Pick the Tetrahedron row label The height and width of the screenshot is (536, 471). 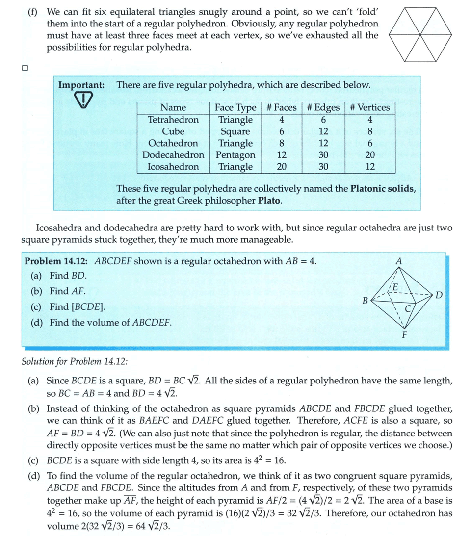pos(173,120)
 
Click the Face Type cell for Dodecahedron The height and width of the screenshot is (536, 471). pos(235,155)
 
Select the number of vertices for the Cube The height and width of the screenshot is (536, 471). pos(370,131)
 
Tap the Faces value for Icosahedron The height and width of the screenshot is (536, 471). pos(282,167)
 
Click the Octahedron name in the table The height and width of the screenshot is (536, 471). pos(173,143)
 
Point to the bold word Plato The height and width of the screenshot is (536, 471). pos(269,201)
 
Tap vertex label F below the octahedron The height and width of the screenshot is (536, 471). pos(404,336)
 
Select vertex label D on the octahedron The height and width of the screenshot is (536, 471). pos(439,295)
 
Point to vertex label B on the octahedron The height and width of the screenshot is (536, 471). pos(365,300)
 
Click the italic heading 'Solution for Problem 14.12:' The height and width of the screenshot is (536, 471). pos(75,362)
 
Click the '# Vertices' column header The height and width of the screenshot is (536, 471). pos(370,107)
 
